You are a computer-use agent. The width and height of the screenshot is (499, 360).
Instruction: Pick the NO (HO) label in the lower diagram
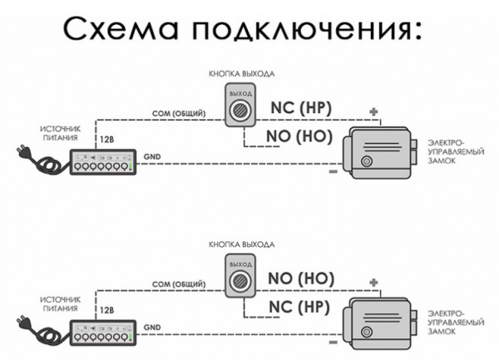click(x=300, y=278)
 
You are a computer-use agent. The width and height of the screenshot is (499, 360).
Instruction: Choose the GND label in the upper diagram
click(x=152, y=156)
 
